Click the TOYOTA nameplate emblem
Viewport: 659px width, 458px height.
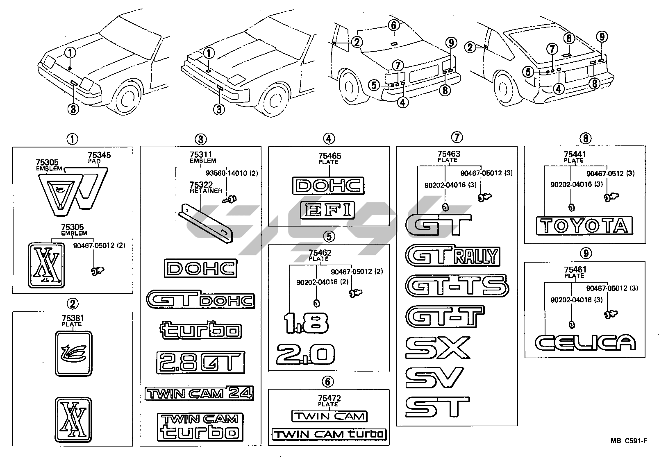584,226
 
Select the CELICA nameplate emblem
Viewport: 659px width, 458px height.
585,342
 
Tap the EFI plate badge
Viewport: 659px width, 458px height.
328,210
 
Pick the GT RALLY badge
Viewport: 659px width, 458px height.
453,255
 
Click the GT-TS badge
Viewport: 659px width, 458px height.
457,286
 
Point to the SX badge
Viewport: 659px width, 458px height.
438,348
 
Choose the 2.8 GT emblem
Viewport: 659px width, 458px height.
201,362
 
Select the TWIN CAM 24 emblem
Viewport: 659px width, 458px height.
199,393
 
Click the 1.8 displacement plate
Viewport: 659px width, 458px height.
306,323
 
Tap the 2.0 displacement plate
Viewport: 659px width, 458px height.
305,354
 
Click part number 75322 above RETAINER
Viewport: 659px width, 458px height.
201,184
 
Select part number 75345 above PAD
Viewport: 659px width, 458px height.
100,155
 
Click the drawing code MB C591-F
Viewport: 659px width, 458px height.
628,441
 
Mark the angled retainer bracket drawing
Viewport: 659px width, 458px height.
206,223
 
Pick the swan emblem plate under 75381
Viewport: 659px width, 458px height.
73,354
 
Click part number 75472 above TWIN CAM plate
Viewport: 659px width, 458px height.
329,398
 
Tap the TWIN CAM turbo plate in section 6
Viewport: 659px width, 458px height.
329,434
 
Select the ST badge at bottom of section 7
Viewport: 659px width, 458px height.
437,407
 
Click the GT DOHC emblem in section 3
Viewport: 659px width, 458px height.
201,299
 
